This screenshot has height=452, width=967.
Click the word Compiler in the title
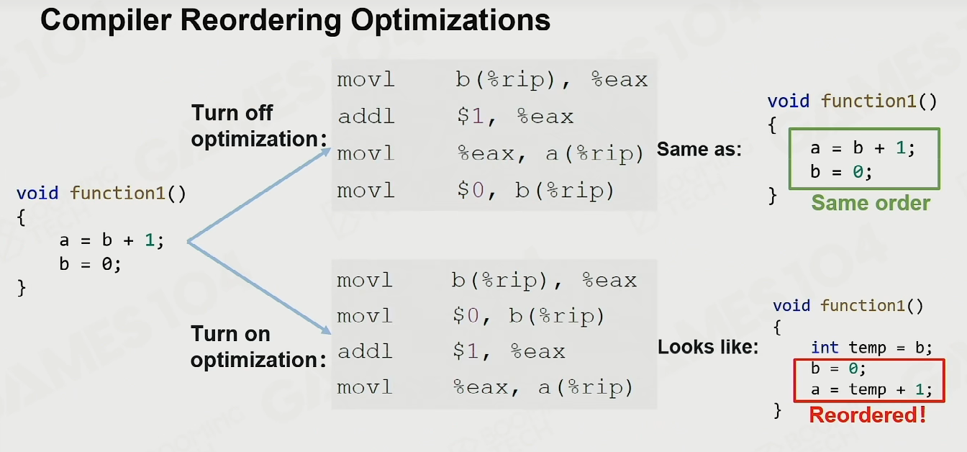pos(106,20)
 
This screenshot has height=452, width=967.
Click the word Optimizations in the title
pos(450,20)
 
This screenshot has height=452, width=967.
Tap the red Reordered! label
pos(868,415)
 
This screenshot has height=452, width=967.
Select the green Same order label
pos(871,203)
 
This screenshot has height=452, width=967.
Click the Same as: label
pos(699,150)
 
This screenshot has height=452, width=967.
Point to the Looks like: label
pos(708,347)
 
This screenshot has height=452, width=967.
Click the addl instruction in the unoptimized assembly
pos(366,117)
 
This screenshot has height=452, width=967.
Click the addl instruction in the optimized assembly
pos(366,351)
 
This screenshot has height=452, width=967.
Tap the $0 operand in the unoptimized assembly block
pos(471,191)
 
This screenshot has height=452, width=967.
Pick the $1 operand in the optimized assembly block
pos(466,351)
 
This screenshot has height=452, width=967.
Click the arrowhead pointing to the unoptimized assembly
pos(324,153)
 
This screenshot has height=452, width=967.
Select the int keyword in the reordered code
pos(825,348)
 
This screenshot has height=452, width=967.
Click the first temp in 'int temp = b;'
pos(867,348)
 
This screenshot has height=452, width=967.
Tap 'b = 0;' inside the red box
pos(838,369)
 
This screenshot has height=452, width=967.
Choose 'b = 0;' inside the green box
pos(841,172)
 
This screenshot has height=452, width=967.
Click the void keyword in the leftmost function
pos(37,193)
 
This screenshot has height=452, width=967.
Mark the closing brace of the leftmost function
pos(22,288)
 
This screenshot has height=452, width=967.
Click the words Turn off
pos(232,113)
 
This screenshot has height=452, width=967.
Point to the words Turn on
pos(230,334)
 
